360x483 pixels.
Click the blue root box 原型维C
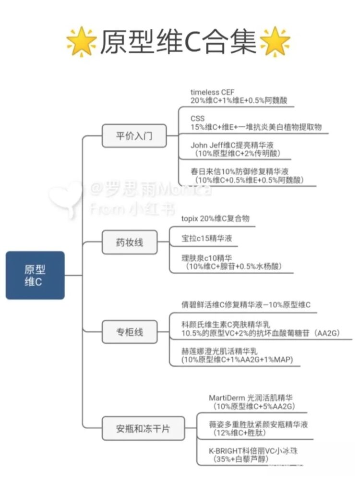click(35, 275)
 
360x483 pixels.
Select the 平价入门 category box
click(134, 135)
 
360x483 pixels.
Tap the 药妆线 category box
click(130, 242)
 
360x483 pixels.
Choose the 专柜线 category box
click(130, 332)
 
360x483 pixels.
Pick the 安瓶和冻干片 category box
click(143, 428)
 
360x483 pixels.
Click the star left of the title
click(82, 42)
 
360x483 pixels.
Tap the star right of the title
click(275, 42)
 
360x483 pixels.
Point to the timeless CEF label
click(212, 92)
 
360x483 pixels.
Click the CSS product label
click(197, 119)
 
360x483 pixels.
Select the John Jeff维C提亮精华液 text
click(232, 145)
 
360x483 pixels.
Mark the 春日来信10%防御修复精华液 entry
click(240, 171)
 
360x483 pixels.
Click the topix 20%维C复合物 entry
click(215, 218)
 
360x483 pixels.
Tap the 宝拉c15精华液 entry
click(206, 238)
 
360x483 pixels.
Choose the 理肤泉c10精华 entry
click(206, 258)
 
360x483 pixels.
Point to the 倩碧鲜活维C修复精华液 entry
click(222, 305)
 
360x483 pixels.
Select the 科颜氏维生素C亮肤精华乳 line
click(226, 325)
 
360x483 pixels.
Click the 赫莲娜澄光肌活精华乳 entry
click(219, 351)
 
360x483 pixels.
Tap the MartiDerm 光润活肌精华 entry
click(251, 398)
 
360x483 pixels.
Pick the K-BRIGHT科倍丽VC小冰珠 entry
click(253, 451)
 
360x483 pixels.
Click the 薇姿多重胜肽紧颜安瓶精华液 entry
click(258, 424)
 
